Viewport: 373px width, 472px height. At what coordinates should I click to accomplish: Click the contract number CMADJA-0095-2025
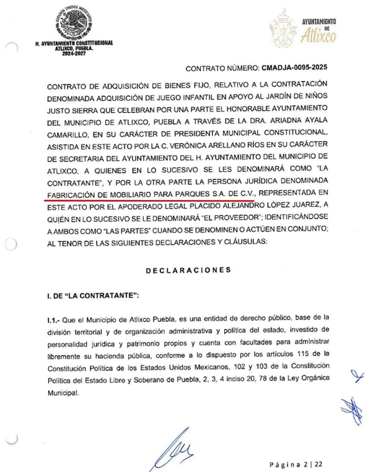[294, 68]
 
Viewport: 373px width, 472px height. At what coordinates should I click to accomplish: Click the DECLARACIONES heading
[188, 270]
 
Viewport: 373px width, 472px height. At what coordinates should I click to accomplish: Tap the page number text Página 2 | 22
[296, 464]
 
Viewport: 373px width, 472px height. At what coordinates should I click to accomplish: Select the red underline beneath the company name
[149, 200]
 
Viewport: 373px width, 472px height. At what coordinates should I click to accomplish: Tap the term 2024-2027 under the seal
[74, 53]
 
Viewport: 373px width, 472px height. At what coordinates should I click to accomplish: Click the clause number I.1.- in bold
[53, 320]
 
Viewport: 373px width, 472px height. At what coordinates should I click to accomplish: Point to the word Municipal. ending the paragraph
[63, 393]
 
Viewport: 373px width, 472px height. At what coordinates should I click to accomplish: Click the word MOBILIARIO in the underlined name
[130, 194]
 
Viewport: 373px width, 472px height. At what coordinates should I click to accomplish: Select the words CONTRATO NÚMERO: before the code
[223, 69]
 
